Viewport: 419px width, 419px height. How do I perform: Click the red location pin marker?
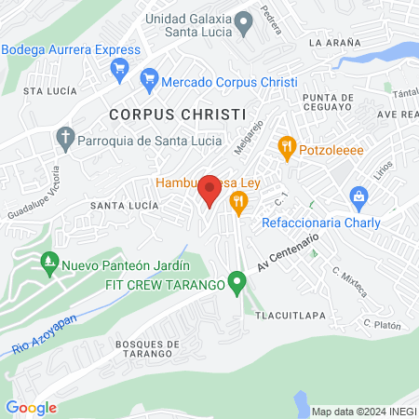click(x=209, y=190)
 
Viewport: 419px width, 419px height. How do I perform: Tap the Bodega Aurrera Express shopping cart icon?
click(x=119, y=67)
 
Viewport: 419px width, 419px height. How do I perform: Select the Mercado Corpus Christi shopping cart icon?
click(x=148, y=82)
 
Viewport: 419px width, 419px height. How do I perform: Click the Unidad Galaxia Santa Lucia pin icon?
click(x=243, y=21)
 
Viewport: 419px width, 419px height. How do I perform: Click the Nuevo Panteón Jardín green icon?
click(x=48, y=264)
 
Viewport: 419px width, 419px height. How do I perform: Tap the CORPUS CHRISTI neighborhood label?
click(x=177, y=114)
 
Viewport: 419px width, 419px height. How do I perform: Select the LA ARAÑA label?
click(x=334, y=43)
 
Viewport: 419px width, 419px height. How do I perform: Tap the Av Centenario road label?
click(x=290, y=248)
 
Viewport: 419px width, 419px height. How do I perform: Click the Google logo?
click(x=31, y=407)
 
